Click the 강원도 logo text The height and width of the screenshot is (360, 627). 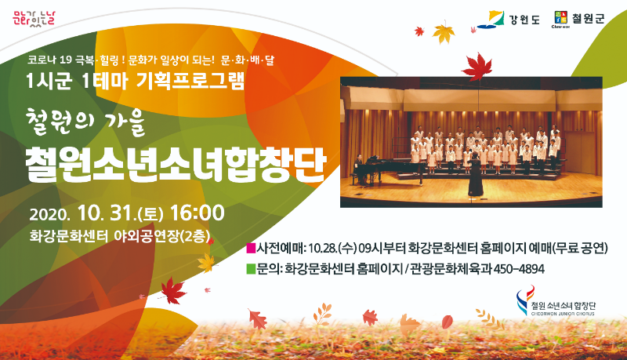pyautogui.click(x=524, y=19)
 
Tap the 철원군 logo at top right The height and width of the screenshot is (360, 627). pyautogui.click(x=578, y=19)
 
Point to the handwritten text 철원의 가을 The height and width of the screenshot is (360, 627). pyautogui.click(x=85, y=122)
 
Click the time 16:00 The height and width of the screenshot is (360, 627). pyautogui.click(x=198, y=213)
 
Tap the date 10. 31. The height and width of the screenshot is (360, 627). pyautogui.click(x=105, y=213)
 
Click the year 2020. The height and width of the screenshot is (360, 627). pyautogui.click(x=49, y=215)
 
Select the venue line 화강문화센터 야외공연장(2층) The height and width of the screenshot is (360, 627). pyautogui.click(x=120, y=236)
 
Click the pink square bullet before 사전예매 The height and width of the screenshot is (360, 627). pyautogui.click(x=251, y=249)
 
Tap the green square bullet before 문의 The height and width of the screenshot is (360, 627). pyautogui.click(x=251, y=269)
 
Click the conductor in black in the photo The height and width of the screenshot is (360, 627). pyautogui.click(x=476, y=175)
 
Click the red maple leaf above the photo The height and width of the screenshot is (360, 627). pyautogui.click(x=477, y=67)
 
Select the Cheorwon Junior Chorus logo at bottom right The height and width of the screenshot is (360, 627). pyautogui.click(x=556, y=301)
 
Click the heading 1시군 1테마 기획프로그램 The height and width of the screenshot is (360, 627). pyautogui.click(x=135, y=82)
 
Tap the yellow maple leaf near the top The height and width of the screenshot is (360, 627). pyautogui.click(x=444, y=33)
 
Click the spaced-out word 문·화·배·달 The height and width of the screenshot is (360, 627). pyautogui.click(x=248, y=60)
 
